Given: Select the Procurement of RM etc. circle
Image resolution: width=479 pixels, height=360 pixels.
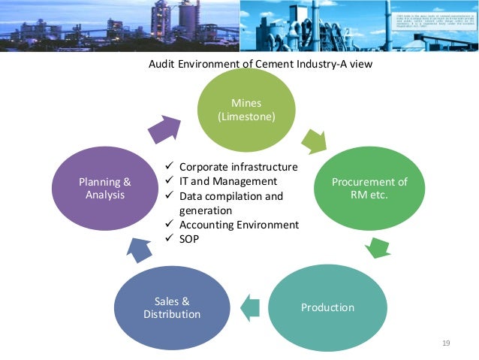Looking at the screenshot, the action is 360,188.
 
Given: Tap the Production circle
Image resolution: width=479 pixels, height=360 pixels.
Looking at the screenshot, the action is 327,307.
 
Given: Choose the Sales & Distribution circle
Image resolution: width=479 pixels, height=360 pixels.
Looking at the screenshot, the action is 172,307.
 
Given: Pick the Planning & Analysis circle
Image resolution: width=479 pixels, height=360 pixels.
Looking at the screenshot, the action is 104,188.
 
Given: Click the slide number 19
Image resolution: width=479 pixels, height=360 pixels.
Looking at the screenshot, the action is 446,343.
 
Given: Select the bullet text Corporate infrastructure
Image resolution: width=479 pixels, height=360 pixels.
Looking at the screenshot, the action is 239,167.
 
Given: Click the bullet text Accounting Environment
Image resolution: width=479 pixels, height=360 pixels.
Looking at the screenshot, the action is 239,225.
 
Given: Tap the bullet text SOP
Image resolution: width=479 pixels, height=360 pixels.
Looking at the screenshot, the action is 190,239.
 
